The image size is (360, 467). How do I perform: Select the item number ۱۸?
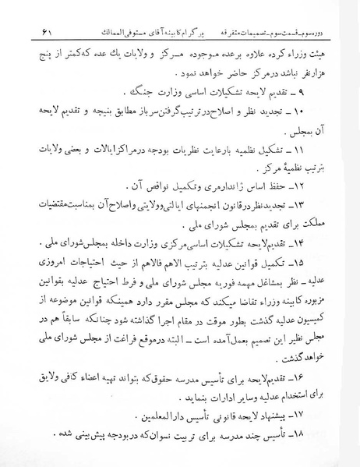[x=308, y=431]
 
